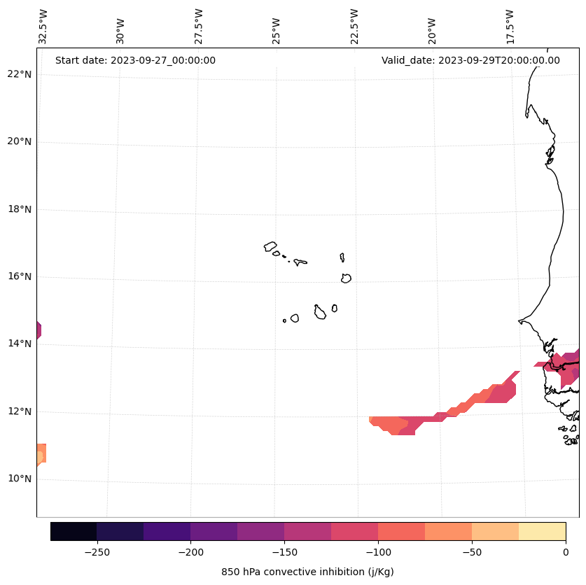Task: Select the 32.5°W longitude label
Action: (43, 27)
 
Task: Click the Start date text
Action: (135, 60)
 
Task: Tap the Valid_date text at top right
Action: (470, 60)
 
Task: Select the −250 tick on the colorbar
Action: (97, 551)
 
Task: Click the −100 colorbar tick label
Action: (378, 551)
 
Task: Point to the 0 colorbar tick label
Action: (566, 551)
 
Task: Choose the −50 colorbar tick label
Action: (472, 551)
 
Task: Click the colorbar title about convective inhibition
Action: (307, 572)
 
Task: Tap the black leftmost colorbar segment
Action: (74, 532)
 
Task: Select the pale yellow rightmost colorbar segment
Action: (542, 532)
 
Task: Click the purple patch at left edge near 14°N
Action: (39, 330)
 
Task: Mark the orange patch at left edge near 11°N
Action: (41, 453)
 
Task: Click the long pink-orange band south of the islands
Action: (448, 409)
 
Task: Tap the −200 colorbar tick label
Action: (190, 551)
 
